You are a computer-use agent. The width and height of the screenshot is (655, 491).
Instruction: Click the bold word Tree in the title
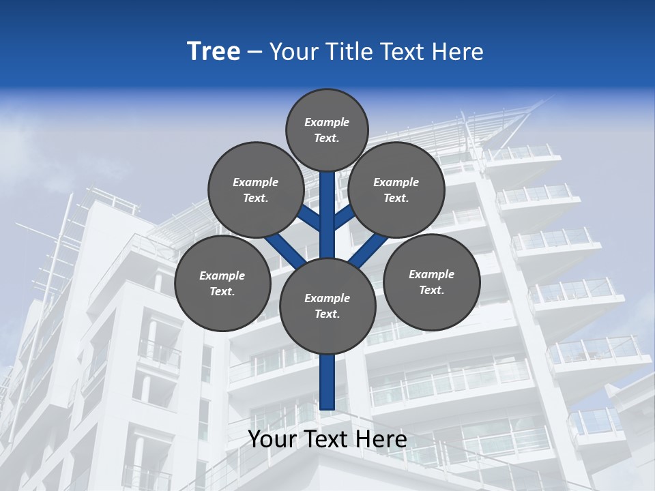click(214, 52)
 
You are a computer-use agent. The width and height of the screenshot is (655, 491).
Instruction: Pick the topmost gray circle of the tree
click(327, 130)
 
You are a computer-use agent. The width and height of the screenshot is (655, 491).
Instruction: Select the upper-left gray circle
click(256, 190)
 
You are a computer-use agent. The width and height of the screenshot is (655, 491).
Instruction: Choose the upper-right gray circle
click(396, 190)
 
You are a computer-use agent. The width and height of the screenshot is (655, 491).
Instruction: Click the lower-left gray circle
click(222, 284)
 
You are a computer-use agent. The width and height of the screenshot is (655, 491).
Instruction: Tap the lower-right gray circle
click(432, 282)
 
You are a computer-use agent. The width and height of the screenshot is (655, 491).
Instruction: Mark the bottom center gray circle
click(327, 306)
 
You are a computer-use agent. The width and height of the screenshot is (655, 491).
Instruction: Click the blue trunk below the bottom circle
click(327, 382)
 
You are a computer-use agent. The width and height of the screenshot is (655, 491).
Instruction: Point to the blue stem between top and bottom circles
click(327, 215)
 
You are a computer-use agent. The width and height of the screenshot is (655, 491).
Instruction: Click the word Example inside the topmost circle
click(327, 122)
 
